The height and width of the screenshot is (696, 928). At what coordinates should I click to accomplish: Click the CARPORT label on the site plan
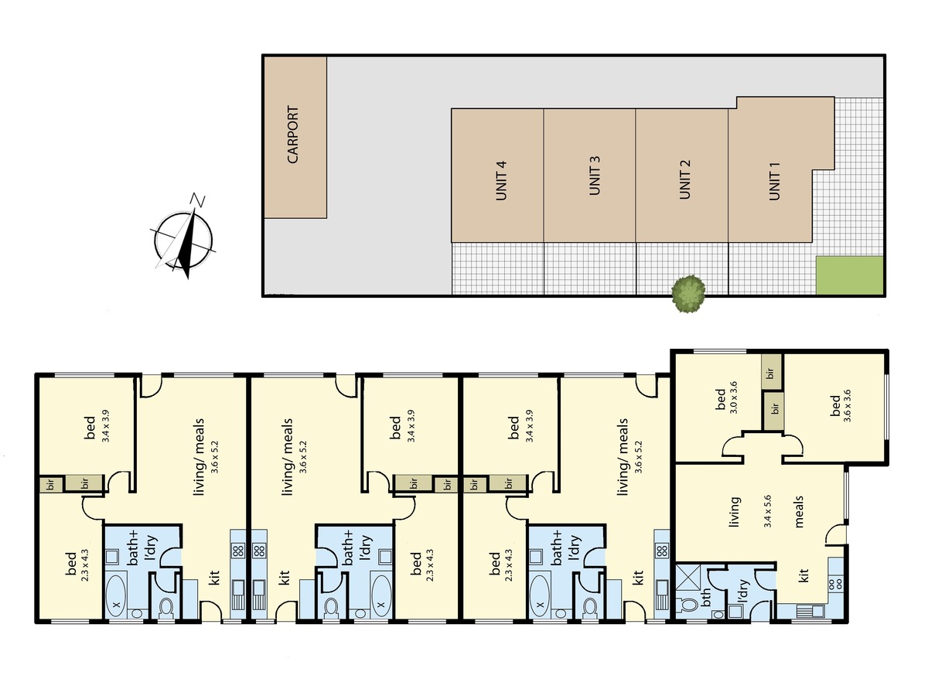[x=292, y=135]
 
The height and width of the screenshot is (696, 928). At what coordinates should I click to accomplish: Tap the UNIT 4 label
[x=501, y=180]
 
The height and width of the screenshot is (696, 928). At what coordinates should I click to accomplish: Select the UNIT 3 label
[x=595, y=176]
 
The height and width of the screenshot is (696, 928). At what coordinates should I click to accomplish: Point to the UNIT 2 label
[x=684, y=179]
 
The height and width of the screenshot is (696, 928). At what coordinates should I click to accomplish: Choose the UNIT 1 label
[x=775, y=181]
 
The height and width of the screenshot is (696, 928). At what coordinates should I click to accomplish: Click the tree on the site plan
[x=689, y=294]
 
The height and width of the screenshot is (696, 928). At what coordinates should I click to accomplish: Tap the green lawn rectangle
[x=849, y=275]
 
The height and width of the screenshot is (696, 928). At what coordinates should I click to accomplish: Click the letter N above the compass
[x=197, y=200]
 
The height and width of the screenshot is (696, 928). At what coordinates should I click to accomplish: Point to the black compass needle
[x=187, y=243]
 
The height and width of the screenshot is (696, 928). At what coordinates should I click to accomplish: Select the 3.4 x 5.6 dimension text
[x=767, y=512]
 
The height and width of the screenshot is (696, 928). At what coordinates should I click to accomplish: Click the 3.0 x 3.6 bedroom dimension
[x=733, y=397]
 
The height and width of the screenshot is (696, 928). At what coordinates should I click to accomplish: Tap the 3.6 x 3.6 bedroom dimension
[x=848, y=406]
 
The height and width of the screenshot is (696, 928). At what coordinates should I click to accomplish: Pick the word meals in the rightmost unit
[x=799, y=512]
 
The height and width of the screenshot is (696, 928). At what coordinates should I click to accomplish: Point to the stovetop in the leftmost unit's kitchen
[x=238, y=550]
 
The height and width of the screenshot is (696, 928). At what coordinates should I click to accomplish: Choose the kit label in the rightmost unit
[x=803, y=575]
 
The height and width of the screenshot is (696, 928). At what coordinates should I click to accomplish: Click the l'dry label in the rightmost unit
[x=744, y=590]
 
